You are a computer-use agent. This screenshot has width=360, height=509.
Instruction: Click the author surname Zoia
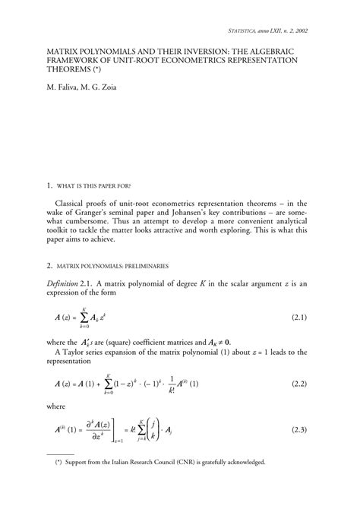point(106,97)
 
